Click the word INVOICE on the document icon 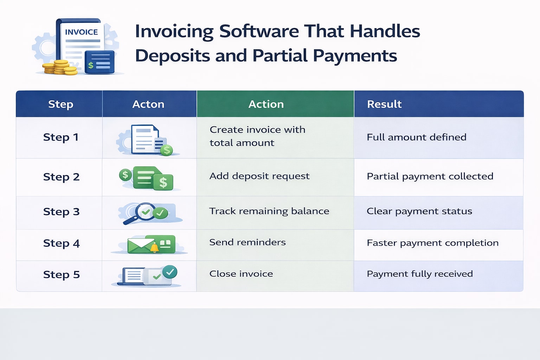[81, 32]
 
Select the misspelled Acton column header [148, 104]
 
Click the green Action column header [266, 104]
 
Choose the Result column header [384, 104]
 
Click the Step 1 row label [60, 137]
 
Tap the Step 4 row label [61, 243]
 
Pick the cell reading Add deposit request [259, 176]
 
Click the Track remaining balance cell [269, 211]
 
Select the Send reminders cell [247, 242]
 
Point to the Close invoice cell [241, 274]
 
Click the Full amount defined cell [416, 137]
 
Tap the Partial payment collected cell [430, 176]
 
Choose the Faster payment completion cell [432, 243]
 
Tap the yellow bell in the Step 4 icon [154, 248]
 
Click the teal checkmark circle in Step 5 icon [170, 272]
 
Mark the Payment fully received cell [419, 274]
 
